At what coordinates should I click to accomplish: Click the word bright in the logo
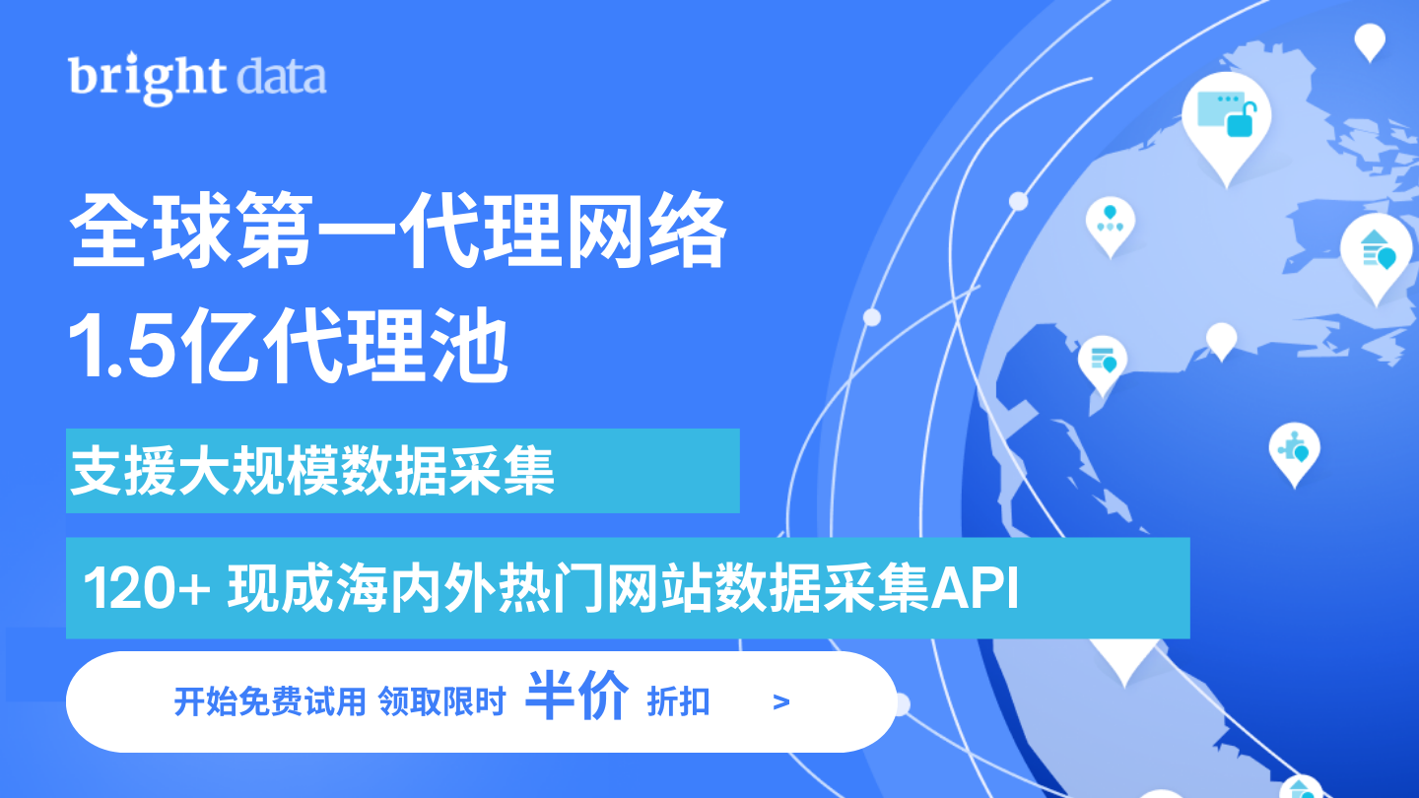147,78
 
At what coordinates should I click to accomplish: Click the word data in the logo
281,77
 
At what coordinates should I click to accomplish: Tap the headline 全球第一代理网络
398,231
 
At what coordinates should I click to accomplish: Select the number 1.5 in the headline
121,346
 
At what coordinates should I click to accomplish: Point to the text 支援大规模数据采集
311,471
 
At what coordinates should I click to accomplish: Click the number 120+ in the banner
146,588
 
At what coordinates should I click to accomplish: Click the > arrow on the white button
781,701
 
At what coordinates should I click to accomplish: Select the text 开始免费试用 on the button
270,701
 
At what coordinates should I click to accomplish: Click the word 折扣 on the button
678,701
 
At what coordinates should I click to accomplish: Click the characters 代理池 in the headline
392,346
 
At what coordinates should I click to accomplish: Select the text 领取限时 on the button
441,701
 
